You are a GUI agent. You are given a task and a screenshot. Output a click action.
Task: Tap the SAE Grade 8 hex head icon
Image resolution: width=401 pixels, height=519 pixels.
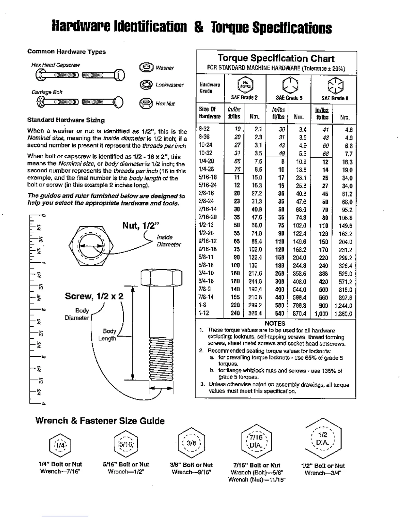pyautogui.click(x=335, y=85)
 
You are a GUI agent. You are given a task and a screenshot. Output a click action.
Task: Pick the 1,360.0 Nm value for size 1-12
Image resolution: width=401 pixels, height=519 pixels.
pyautogui.click(x=343, y=314)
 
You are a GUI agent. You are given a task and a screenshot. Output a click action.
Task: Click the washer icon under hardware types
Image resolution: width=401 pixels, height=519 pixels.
pyautogui.click(x=146, y=67)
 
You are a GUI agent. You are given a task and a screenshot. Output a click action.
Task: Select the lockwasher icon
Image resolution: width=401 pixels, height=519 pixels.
pyautogui.click(x=146, y=85)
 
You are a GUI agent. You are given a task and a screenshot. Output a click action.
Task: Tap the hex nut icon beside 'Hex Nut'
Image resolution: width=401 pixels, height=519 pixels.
pyautogui.click(x=146, y=104)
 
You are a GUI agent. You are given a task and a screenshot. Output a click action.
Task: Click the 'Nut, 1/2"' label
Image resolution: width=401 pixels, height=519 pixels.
pyautogui.click(x=141, y=225)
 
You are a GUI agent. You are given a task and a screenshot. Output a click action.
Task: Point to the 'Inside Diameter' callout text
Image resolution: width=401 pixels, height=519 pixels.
pyautogui.click(x=168, y=241)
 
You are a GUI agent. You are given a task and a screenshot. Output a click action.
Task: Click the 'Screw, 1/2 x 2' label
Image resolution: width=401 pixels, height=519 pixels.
pyautogui.click(x=94, y=296)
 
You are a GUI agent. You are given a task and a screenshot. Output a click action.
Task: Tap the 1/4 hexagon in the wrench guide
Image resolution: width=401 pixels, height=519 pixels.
pyautogui.click(x=60, y=445)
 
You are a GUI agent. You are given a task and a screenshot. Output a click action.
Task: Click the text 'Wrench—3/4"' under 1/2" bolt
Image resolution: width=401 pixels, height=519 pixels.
pyautogui.click(x=323, y=473)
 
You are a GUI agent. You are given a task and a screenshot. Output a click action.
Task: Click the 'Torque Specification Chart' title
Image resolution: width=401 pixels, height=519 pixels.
pyautogui.click(x=276, y=58)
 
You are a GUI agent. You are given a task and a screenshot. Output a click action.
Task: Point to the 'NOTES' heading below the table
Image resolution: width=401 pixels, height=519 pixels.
pyautogui.click(x=275, y=323)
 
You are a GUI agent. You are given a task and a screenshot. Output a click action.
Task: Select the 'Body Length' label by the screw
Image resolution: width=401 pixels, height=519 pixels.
pyautogui.click(x=108, y=335)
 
